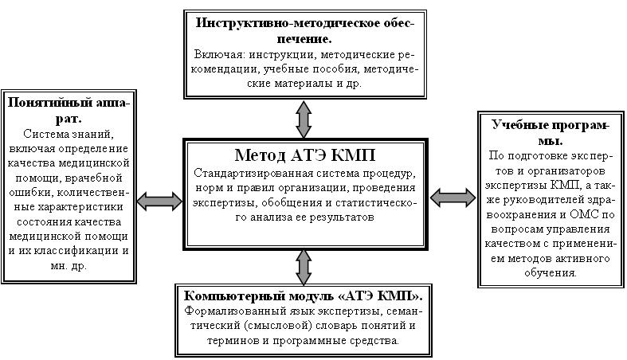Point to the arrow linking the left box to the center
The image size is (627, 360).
click(159, 201)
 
